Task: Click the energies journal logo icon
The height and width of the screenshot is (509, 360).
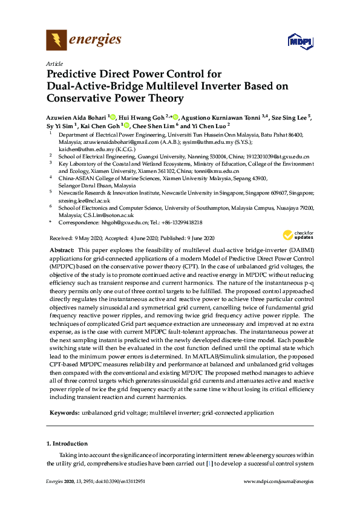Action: point(57,41)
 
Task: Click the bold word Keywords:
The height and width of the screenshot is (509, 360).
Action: point(63,412)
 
